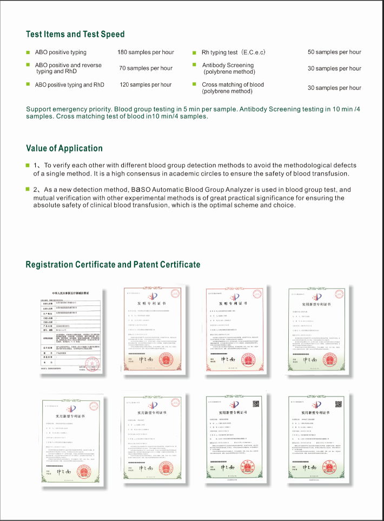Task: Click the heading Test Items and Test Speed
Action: click(75, 34)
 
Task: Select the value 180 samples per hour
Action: click(145, 52)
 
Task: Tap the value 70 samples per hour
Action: click(145, 68)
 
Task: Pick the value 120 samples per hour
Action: click(145, 84)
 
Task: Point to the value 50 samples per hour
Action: click(334, 52)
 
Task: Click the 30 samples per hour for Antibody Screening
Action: click(334, 68)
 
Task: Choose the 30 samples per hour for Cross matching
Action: click(334, 88)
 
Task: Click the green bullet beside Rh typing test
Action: click(195, 53)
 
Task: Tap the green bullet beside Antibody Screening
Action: click(195, 66)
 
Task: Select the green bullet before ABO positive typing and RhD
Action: click(28, 84)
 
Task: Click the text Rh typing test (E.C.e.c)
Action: click(234, 53)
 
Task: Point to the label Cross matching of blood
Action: click(233, 84)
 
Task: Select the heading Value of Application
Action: click(64, 148)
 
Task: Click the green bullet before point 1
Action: click(28, 165)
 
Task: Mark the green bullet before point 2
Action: click(28, 190)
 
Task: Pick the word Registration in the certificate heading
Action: click(49, 264)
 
